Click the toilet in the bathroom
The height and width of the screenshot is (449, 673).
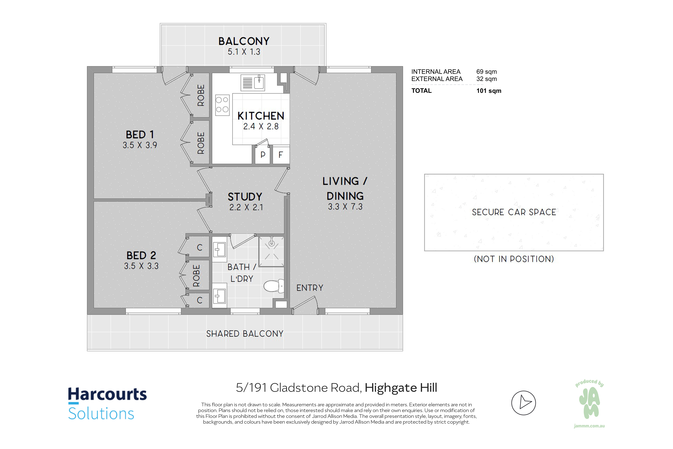(x=274, y=286)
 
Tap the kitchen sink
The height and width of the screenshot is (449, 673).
(x=253, y=82)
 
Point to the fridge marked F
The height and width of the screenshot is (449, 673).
(x=281, y=155)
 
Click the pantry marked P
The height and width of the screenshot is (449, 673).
(x=263, y=155)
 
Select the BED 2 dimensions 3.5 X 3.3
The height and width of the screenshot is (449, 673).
(x=141, y=266)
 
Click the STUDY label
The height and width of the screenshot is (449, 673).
(x=245, y=197)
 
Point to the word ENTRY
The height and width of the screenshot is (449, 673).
(x=310, y=288)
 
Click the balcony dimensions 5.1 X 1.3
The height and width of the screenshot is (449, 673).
(x=244, y=52)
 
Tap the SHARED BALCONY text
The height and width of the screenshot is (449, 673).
(x=245, y=334)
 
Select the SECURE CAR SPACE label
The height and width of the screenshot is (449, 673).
(x=514, y=212)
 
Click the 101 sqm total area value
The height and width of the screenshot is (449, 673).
(x=489, y=91)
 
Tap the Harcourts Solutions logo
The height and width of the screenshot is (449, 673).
(x=107, y=403)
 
